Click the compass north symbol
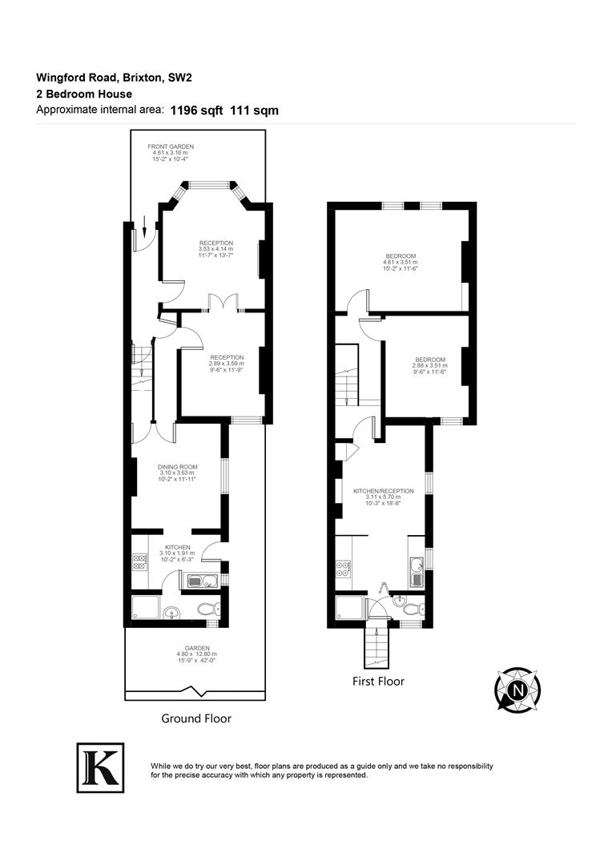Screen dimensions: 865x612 [x=518, y=690]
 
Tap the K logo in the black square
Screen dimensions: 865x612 [x=100, y=766]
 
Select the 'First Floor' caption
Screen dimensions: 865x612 [x=379, y=682]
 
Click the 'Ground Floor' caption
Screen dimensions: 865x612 [x=196, y=718]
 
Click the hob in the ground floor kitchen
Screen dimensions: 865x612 [x=139, y=561]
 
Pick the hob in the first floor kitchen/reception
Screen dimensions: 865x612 [x=345, y=569]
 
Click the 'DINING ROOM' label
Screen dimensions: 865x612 [x=178, y=466]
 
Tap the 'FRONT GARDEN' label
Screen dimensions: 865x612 [x=170, y=147]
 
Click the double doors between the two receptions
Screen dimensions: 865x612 [x=222, y=303]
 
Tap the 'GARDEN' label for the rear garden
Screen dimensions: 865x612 [x=196, y=648]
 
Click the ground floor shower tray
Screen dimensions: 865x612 [x=145, y=610]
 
